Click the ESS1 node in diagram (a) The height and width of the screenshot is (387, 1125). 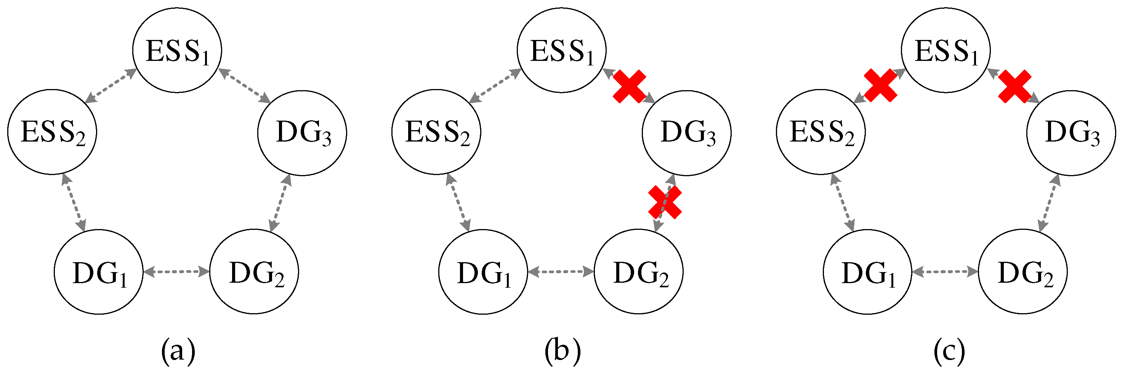pyautogui.click(x=177, y=50)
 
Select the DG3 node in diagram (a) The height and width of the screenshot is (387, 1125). pyautogui.click(x=302, y=133)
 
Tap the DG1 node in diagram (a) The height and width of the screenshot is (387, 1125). pyautogui.click(x=99, y=272)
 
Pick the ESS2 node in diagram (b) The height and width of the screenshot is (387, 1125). pyautogui.click(x=436, y=132)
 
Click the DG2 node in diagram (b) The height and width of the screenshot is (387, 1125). pyautogui.click(x=638, y=272)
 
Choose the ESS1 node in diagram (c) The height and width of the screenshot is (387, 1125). pyautogui.click(x=946, y=50)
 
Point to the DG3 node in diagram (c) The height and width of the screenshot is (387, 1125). pyautogui.click(x=1071, y=133)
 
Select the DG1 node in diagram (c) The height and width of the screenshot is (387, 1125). pyautogui.click(x=867, y=272)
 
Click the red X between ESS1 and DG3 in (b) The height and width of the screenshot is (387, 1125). pyautogui.click(x=629, y=86)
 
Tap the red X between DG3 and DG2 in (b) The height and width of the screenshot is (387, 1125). pyautogui.click(x=665, y=202)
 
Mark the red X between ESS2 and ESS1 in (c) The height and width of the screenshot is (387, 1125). pyautogui.click(x=880, y=86)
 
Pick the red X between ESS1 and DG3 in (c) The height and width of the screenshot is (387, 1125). pyautogui.click(x=1015, y=87)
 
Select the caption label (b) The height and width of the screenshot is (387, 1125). pyautogui.click(x=562, y=351)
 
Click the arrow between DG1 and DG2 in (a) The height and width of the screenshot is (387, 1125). pyautogui.click(x=176, y=272)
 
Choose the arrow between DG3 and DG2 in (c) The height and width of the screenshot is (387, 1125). pyautogui.click(x=1049, y=203)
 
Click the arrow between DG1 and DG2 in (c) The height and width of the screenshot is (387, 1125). pyautogui.click(x=945, y=272)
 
